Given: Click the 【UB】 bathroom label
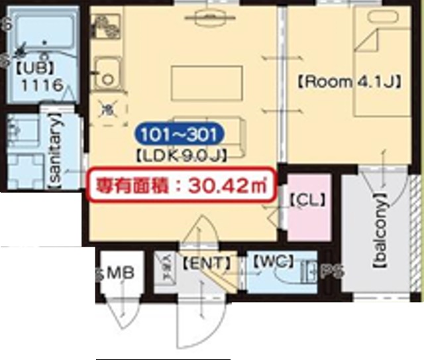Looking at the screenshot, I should (37, 66).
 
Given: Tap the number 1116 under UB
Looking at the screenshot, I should (42, 85).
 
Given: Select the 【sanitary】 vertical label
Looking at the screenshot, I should (57, 150).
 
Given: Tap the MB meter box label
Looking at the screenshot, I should (121, 272).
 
